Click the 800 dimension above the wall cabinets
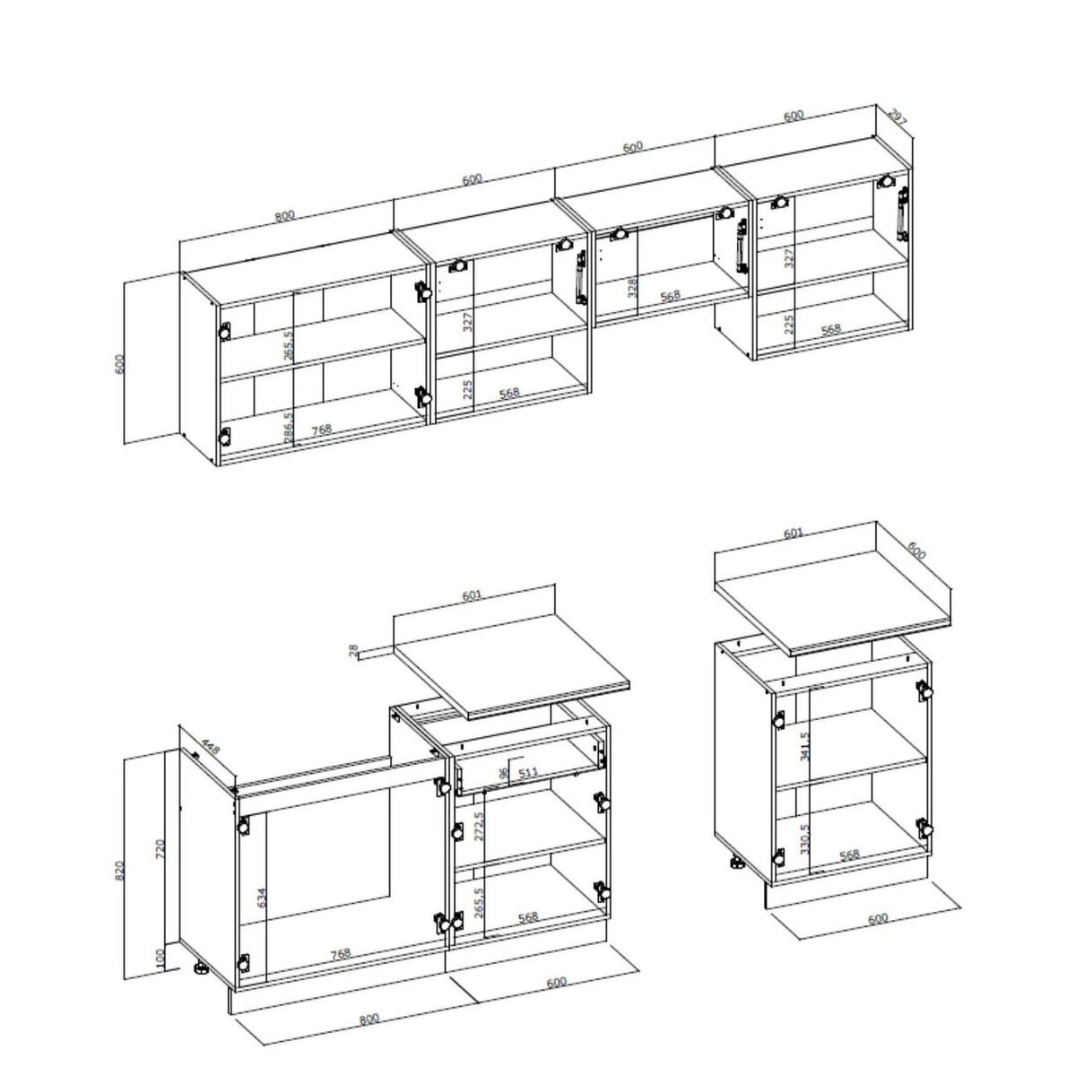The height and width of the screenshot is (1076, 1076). pos(284,215)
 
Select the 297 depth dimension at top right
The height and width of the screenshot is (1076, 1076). pos(897,117)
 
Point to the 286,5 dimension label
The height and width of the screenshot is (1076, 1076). pos(288,428)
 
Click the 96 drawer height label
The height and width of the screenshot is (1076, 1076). pos(504,773)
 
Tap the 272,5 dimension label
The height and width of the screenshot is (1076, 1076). pos(479,826)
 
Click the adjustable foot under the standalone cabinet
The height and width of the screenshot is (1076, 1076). pos(737,865)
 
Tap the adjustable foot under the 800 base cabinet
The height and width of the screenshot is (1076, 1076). pos(203,969)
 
